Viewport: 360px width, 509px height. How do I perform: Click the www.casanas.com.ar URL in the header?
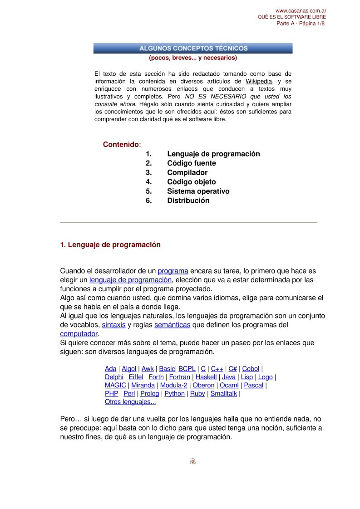pyautogui.click(x=301, y=10)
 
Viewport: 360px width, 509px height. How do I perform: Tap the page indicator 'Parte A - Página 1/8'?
pyautogui.click(x=301, y=24)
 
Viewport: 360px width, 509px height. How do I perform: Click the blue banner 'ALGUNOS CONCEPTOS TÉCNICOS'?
pyautogui.click(x=193, y=48)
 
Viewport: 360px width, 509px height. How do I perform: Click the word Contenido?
pyautogui.click(x=121, y=144)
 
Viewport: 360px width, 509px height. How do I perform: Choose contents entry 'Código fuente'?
pyautogui.click(x=191, y=163)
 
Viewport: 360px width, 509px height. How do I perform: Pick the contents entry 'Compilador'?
pyautogui.click(x=187, y=172)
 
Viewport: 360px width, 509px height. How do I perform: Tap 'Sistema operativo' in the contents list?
pyautogui.click(x=198, y=191)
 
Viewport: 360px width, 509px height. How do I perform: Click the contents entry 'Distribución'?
pyautogui.click(x=188, y=201)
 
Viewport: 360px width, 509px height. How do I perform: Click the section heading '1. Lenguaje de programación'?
pyautogui.click(x=110, y=245)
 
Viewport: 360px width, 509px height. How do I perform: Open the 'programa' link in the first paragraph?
pyautogui.click(x=173, y=271)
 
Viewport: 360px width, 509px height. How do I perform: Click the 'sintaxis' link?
pyautogui.click(x=113, y=325)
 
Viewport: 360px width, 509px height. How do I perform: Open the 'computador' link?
pyautogui.click(x=79, y=334)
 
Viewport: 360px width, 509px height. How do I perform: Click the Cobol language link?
pyautogui.click(x=251, y=369)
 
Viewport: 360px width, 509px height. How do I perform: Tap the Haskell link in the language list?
pyautogui.click(x=206, y=377)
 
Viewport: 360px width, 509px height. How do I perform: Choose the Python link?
pyautogui.click(x=174, y=393)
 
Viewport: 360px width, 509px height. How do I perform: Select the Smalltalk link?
pyautogui.click(x=223, y=393)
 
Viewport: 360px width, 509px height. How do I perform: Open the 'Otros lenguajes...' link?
pyautogui.click(x=130, y=401)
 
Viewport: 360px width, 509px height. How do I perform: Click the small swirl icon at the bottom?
pyautogui.click(x=192, y=461)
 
